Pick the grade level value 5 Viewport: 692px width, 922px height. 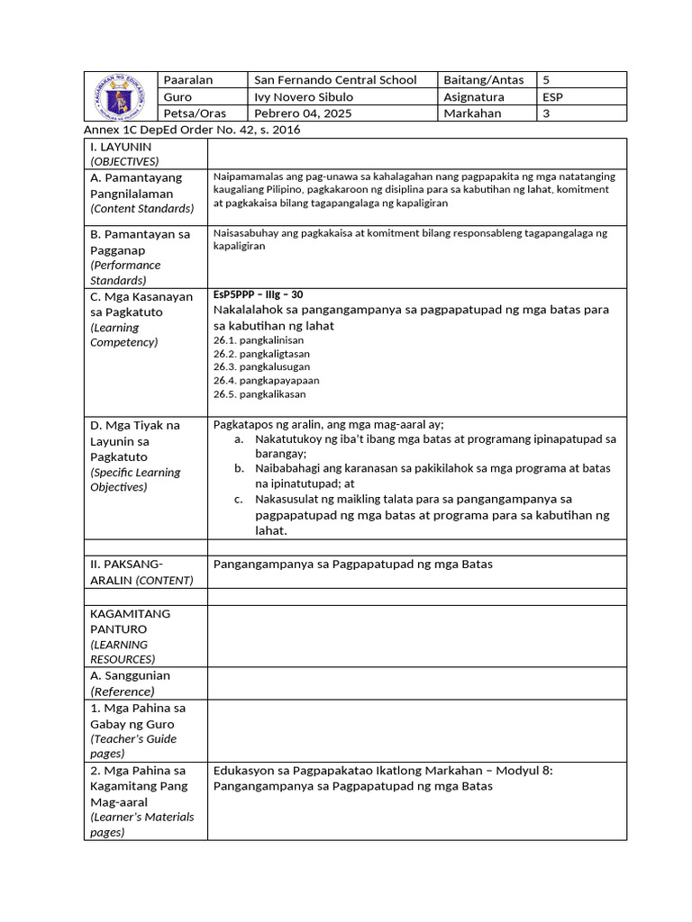click(x=546, y=80)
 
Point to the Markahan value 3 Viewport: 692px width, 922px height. click(x=546, y=113)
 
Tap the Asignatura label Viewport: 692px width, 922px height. click(x=474, y=97)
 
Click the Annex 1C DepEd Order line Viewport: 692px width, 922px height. click(x=192, y=130)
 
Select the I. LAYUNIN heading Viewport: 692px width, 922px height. click(x=121, y=146)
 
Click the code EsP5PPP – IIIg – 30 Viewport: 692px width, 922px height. click(x=259, y=294)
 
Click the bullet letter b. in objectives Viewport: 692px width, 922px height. click(x=239, y=468)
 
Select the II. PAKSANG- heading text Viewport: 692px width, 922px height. click(x=127, y=564)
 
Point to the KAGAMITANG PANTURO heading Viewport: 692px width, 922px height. click(x=131, y=621)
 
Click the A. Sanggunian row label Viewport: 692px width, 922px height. click(x=130, y=675)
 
